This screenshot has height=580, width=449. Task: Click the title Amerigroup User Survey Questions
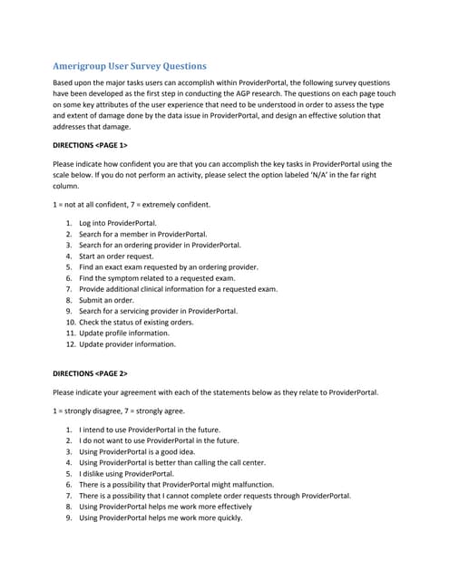[129, 66]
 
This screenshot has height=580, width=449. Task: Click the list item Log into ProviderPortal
[117, 223]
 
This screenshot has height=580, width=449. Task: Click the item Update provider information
[132, 344]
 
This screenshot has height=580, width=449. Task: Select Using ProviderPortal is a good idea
[143, 451]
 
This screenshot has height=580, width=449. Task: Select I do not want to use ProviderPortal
[162, 440]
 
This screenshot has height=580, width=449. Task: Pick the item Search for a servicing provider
[158, 311]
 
